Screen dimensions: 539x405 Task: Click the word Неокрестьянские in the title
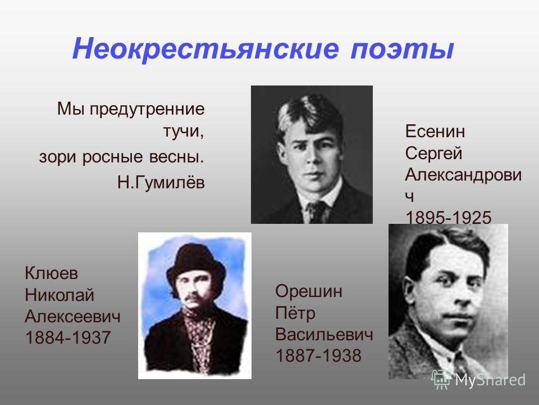tap(205, 48)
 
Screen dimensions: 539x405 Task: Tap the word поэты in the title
tap(402, 48)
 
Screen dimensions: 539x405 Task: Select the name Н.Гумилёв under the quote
tap(161, 182)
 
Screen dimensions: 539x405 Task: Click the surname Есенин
tap(435, 131)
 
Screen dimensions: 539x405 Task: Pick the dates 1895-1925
tap(448, 218)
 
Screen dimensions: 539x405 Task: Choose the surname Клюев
tap(52, 273)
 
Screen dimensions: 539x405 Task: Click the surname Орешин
tap(309, 291)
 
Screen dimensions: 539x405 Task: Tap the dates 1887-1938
tap(318, 355)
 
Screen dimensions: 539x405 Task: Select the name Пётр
tap(295, 313)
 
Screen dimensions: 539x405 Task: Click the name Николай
tap(60, 295)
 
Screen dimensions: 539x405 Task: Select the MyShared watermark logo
tap(478, 380)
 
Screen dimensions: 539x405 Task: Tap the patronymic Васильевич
tap(324, 334)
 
